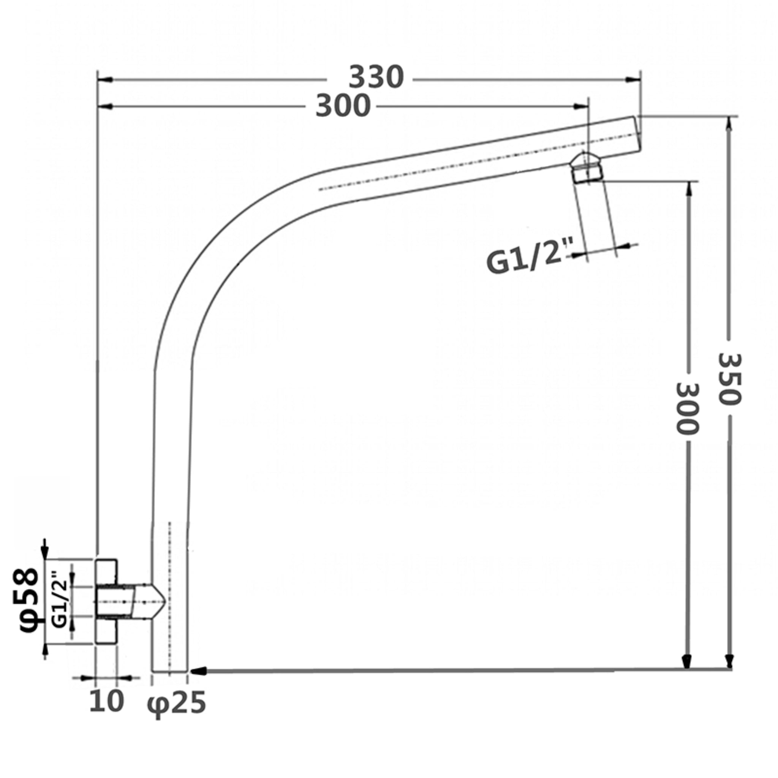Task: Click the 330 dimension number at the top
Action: pos(376,77)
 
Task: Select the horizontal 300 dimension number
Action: pos(343,106)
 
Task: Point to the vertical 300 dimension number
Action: pos(687,409)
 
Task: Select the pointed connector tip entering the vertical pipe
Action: pos(157,602)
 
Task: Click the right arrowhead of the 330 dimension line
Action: pos(633,80)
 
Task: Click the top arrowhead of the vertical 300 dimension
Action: pos(689,188)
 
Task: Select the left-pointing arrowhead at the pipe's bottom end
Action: pos(199,671)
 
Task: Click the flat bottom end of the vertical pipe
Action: pos(169,672)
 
